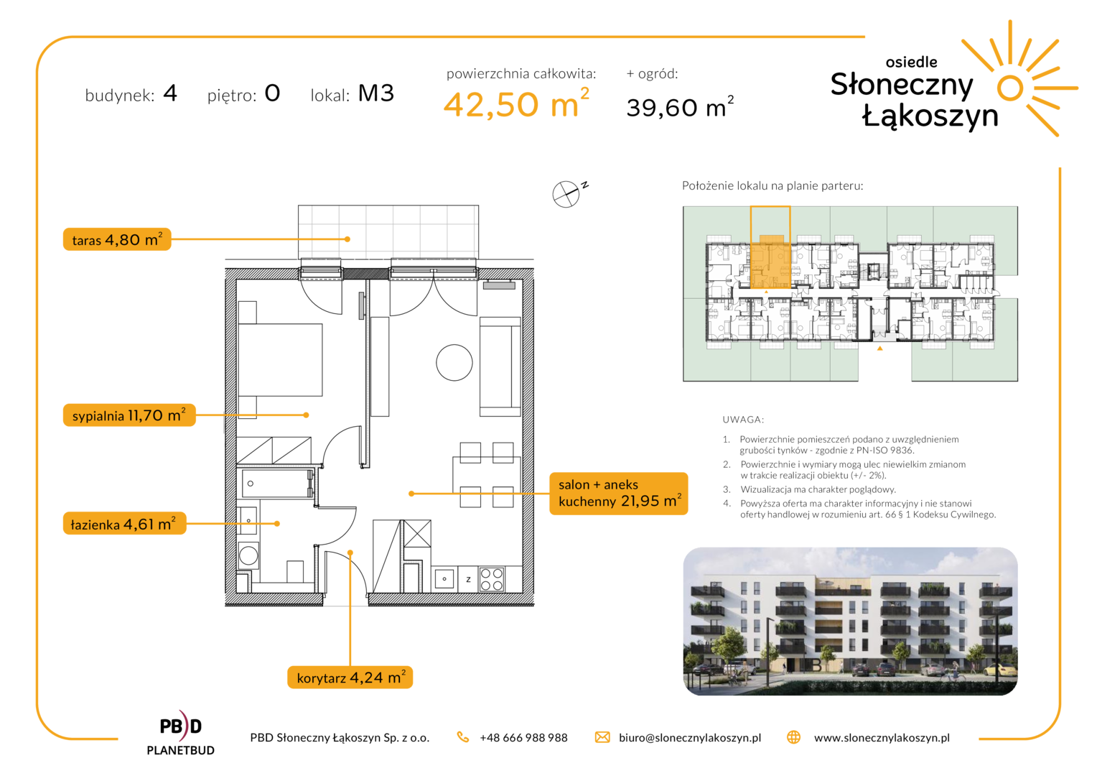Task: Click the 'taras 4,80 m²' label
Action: (117, 239)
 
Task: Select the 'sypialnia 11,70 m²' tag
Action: (129, 415)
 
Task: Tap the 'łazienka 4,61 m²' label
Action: (124, 524)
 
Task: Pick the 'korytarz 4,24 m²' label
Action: (350, 677)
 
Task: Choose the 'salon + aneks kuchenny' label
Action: (619, 493)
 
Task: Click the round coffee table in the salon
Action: (454, 363)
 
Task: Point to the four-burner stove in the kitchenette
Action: (492, 579)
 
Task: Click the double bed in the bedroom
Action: (280, 360)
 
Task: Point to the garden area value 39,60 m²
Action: (680, 106)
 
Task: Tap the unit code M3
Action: (376, 93)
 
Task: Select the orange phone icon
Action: (463, 737)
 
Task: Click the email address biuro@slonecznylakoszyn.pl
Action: (690, 738)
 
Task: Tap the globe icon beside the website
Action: (794, 737)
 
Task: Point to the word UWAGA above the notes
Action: (743, 420)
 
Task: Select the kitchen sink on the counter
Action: (444, 579)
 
